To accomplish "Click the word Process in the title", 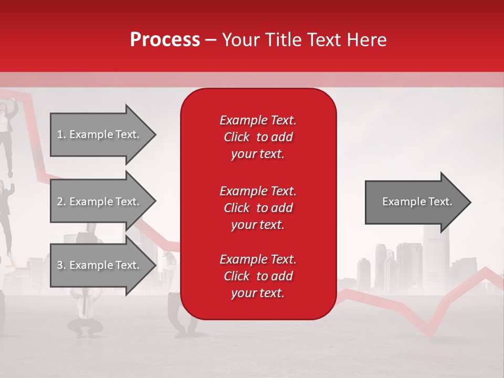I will [x=165, y=40].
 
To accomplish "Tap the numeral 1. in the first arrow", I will [x=61, y=134].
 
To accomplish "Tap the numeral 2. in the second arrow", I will [x=61, y=202].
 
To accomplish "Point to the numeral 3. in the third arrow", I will [x=61, y=265].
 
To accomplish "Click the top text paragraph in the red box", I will [x=258, y=137].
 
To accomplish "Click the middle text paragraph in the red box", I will [x=258, y=207].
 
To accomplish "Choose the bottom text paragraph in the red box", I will [x=258, y=276].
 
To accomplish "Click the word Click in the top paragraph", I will [x=236, y=138].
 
